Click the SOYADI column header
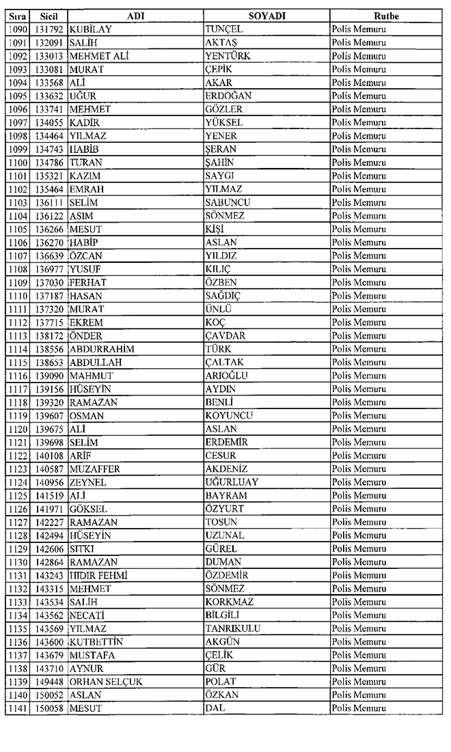[x=266, y=16]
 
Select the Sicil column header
[x=48, y=16]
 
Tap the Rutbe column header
[x=386, y=16]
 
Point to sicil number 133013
[x=49, y=56]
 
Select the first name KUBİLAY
[x=92, y=29]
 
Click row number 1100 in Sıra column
[x=16, y=163]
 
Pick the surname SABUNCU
[x=228, y=203]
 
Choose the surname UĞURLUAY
[x=232, y=482]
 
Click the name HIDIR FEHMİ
[x=99, y=576]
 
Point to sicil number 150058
[x=49, y=709]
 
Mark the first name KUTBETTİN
[x=99, y=642]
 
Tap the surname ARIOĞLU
[x=226, y=376]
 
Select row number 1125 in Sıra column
[x=16, y=496]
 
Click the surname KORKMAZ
[x=229, y=602]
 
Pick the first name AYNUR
[x=87, y=669]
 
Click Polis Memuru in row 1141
[x=358, y=709]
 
